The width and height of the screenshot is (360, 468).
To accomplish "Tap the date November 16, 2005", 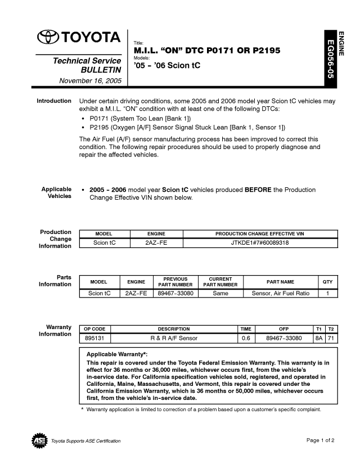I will (x=90, y=81).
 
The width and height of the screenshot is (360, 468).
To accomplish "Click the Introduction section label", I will (x=54, y=101).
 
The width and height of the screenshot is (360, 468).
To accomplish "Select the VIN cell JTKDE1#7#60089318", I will (x=260, y=242).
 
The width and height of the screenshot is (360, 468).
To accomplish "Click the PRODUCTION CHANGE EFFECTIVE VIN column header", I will (x=260, y=233).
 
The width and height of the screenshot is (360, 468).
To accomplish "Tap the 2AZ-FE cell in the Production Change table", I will (x=156, y=242).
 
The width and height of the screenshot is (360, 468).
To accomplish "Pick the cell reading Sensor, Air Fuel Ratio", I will (x=280, y=293).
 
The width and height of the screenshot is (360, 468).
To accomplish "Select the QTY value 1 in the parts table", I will (x=328, y=293).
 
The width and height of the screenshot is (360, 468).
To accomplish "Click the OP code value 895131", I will (x=94, y=338).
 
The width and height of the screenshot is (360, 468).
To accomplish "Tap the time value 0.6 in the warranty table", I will (x=245, y=338).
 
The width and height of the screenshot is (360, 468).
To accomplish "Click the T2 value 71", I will (x=331, y=338).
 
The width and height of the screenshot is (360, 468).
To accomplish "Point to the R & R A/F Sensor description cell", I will (x=173, y=338).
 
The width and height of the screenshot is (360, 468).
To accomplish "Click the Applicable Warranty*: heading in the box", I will (x=117, y=354).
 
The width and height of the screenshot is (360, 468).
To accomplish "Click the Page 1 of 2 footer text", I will (x=321, y=440).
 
